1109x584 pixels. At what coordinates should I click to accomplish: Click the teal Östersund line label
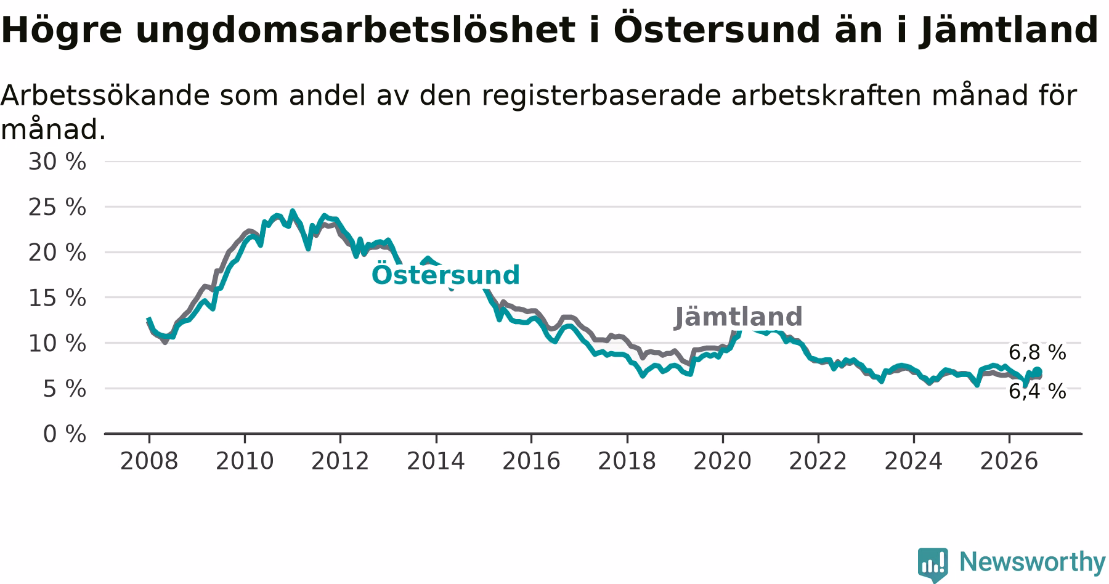pyautogui.click(x=445, y=275)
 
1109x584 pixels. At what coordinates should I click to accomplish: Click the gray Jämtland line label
pyautogui.click(x=739, y=317)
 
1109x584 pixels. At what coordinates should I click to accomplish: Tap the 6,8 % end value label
pyautogui.click(x=1037, y=352)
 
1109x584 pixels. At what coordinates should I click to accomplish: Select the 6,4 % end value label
pyautogui.click(x=1037, y=391)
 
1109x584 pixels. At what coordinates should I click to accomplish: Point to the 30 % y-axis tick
pyautogui.click(x=57, y=161)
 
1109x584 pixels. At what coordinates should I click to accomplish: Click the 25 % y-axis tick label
pyautogui.click(x=57, y=207)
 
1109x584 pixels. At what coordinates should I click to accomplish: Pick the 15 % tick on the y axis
pyautogui.click(x=57, y=298)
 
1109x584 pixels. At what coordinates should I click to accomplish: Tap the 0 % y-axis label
pyautogui.click(x=64, y=434)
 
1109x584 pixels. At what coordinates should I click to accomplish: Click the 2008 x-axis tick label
pyautogui.click(x=148, y=461)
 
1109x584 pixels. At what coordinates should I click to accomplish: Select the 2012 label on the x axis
pyautogui.click(x=340, y=461)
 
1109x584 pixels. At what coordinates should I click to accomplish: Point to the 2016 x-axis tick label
pyautogui.click(x=531, y=461)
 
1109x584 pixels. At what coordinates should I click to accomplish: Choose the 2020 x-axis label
pyautogui.click(x=723, y=461)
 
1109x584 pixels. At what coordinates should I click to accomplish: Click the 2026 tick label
pyautogui.click(x=1009, y=461)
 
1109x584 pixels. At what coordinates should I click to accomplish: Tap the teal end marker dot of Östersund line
pyautogui.click(x=1038, y=371)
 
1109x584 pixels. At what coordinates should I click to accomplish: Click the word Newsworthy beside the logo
pyautogui.click(x=1033, y=562)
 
